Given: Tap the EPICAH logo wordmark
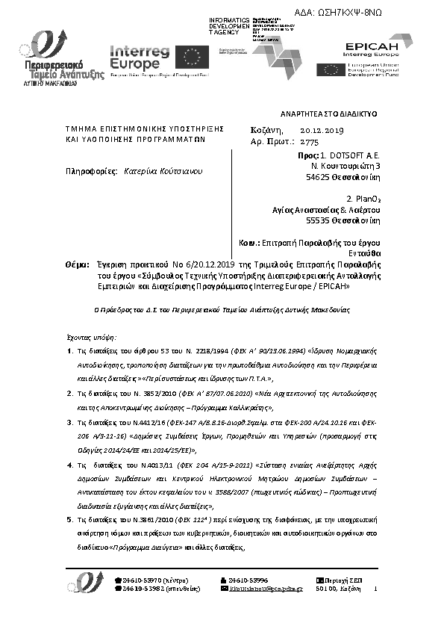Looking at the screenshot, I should point(372,47).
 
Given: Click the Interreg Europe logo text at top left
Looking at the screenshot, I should point(140,57).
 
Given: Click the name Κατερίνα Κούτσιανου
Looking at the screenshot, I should point(163,171).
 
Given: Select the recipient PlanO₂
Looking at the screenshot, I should point(365,199).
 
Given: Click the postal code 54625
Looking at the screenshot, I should point(318,177).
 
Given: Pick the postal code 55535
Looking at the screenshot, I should point(318,220).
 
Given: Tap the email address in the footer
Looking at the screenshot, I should point(266,589).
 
